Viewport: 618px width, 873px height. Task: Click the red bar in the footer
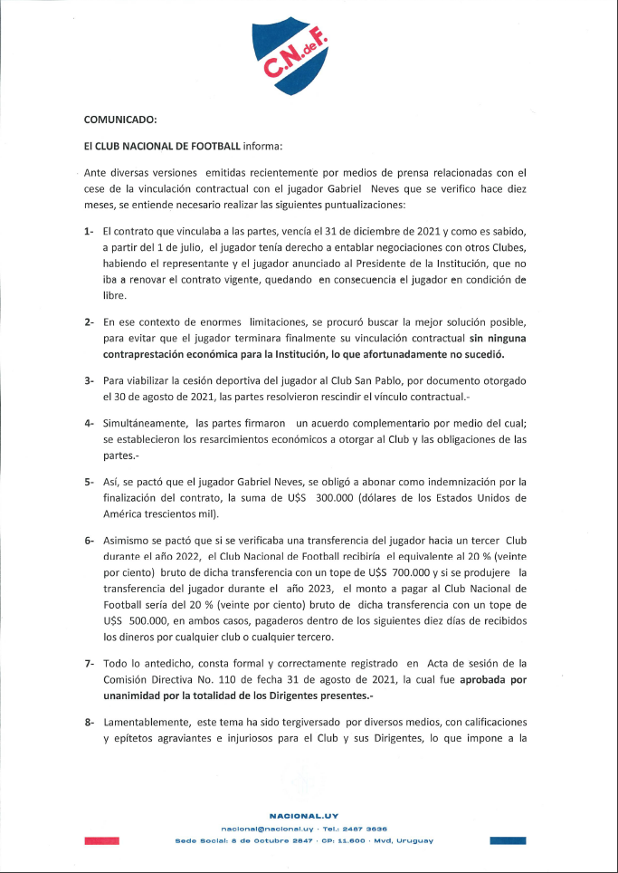pyautogui.click(x=101, y=840)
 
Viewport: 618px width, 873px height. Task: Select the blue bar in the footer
pyautogui.click(x=508, y=840)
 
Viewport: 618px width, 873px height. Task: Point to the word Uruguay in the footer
pyautogui.click(x=414, y=840)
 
